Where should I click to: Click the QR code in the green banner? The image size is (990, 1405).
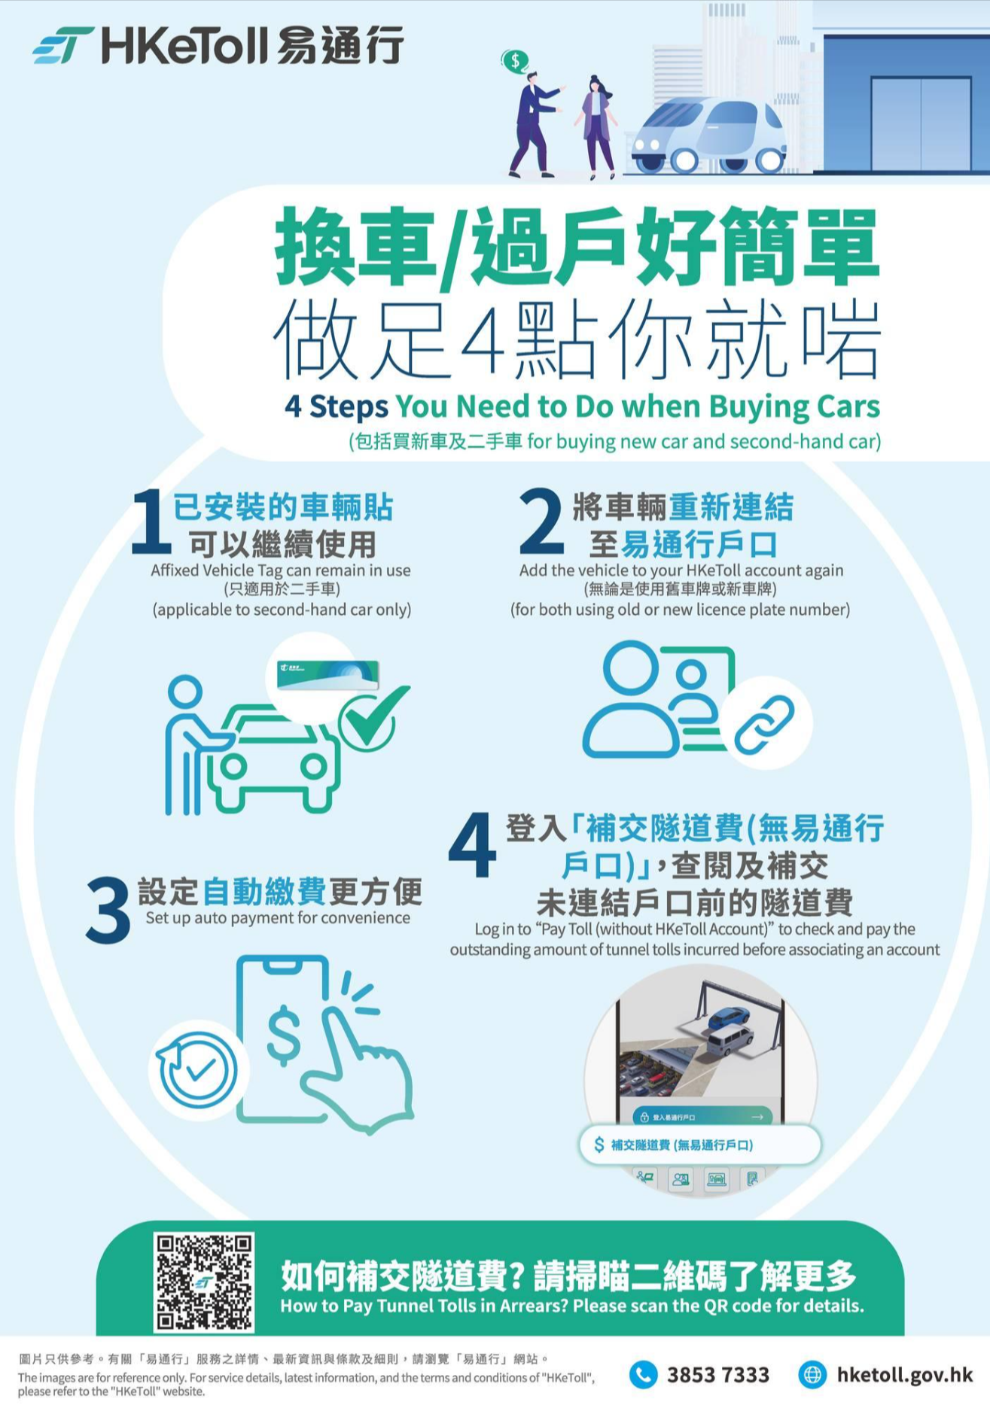[204, 1282]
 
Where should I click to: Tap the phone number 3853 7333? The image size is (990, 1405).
[717, 1375]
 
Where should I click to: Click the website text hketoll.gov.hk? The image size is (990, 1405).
[904, 1375]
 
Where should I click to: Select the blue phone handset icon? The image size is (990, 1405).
[643, 1375]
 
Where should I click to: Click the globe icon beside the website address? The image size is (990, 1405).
[812, 1375]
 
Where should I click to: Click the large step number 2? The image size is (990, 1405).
[541, 522]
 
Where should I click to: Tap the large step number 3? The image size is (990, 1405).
[108, 910]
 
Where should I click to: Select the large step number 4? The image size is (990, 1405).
[472, 846]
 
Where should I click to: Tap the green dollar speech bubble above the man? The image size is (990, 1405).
[515, 61]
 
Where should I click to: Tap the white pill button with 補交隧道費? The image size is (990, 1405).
[699, 1145]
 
